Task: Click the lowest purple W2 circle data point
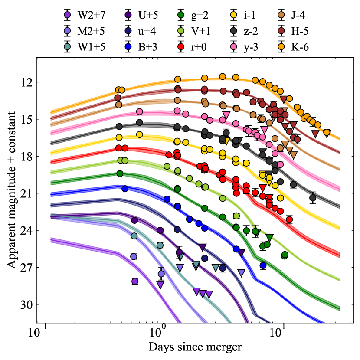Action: click(x=135, y=281)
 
